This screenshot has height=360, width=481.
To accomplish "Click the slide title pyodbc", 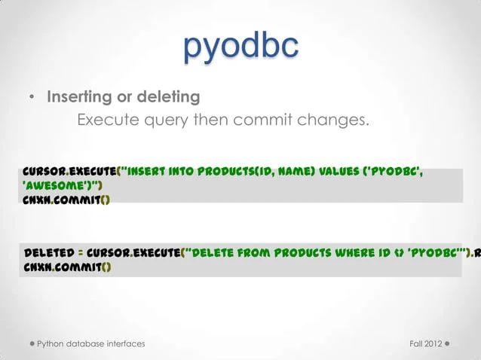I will (x=240, y=47).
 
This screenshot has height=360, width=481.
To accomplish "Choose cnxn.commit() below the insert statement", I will (x=66, y=200).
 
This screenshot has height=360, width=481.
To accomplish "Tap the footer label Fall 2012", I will (x=424, y=343).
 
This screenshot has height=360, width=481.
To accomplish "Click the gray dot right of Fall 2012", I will (x=448, y=343).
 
